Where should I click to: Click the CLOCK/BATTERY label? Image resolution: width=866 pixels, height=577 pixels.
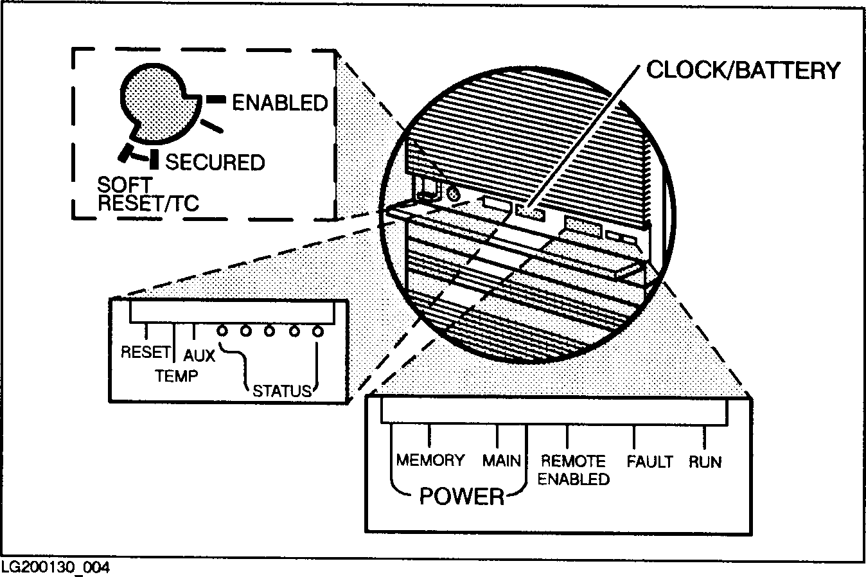(x=743, y=69)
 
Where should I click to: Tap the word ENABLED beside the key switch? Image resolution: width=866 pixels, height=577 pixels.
(x=279, y=103)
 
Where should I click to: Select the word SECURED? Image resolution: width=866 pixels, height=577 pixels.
(x=215, y=162)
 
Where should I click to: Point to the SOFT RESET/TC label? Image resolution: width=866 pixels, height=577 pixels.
(x=148, y=194)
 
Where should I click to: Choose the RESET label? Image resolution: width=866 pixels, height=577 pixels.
(x=146, y=352)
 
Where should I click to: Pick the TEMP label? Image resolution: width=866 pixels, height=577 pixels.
(x=177, y=375)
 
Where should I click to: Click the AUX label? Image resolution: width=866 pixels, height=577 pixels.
(x=199, y=355)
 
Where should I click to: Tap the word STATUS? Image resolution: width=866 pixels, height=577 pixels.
(x=282, y=391)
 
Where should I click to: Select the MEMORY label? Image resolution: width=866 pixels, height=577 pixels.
(x=430, y=460)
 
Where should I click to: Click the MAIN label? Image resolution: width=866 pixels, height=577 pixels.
(x=502, y=461)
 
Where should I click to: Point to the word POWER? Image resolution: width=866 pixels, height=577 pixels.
(x=461, y=496)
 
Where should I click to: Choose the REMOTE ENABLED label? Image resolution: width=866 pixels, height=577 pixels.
(x=573, y=470)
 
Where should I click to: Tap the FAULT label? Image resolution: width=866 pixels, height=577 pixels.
(x=649, y=461)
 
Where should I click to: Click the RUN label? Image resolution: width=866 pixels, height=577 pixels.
(x=705, y=461)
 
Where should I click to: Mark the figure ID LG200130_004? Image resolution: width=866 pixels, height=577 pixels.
(x=55, y=567)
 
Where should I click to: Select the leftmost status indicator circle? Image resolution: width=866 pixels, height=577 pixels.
(x=223, y=332)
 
